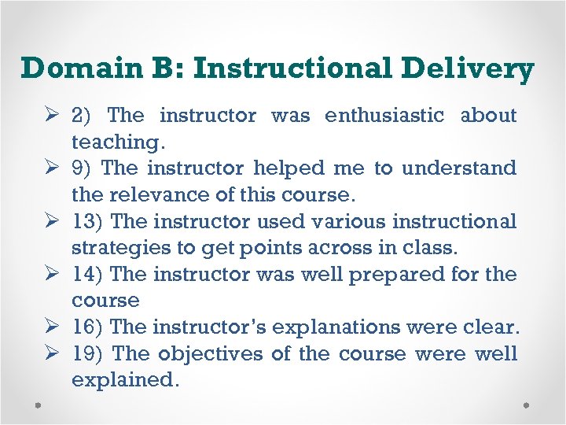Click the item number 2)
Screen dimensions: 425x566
[82, 116]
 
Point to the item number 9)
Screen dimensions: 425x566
[82, 168]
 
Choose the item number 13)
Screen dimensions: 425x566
[86, 222]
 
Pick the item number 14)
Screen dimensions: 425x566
[86, 275]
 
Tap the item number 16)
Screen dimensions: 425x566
[86, 327]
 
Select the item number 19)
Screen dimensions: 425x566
[86, 354]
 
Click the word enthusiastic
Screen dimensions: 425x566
[384, 116]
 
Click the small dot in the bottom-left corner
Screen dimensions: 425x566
[39, 405]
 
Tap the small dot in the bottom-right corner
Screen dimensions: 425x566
[526, 405]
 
